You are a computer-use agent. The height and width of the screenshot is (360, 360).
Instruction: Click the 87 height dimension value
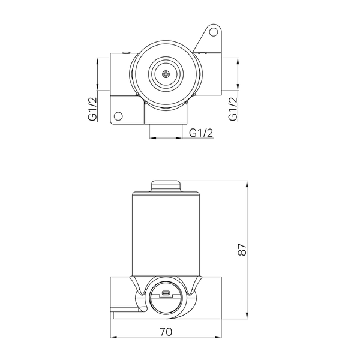click(242, 249)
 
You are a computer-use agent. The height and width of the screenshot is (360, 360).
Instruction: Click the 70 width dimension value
click(166, 332)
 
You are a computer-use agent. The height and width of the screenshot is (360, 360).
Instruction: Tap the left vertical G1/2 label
click(93, 109)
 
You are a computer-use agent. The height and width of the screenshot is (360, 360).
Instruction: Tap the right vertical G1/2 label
click(233, 109)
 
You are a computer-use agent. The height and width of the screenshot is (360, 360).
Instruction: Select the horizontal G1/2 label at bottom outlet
click(201, 133)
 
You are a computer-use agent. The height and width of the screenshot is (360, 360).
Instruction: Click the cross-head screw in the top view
click(166, 74)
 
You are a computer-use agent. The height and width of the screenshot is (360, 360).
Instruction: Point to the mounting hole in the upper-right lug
click(214, 32)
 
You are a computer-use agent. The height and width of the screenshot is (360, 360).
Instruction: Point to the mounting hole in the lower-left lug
click(118, 116)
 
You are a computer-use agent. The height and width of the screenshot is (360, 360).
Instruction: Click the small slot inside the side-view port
click(166, 293)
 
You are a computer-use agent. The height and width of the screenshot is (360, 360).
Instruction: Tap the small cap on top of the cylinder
click(166, 186)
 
